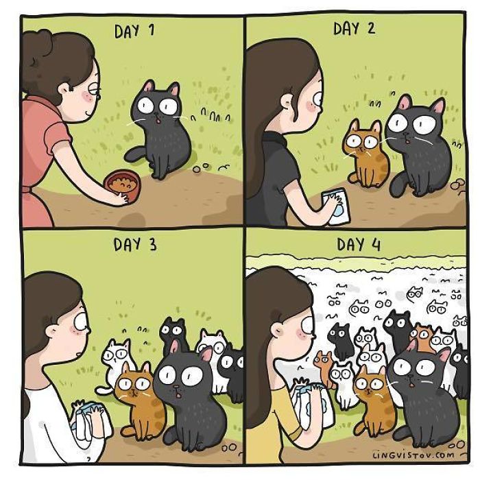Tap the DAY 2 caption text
pos(355,29)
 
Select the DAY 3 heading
pos(135,244)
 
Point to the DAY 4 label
pos(359,244)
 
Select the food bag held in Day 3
pos(88,422)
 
